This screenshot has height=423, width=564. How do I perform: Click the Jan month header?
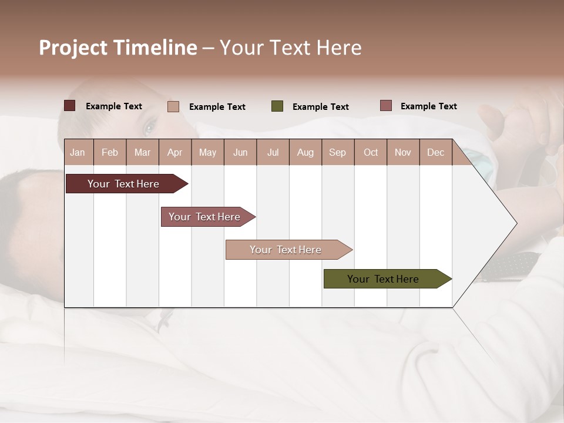(x=78, y=152)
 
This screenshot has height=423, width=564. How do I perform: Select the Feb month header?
(x=110, y=152)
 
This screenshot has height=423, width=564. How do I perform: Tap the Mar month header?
(x=142, y=152)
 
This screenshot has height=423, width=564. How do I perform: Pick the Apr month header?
(x=174, y=152)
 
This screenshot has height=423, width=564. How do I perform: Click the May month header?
(x=207, y=152)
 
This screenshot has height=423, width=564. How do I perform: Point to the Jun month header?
(x=240, y=152)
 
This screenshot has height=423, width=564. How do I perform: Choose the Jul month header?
(x=273, y=152)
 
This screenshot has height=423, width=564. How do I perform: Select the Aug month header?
(x=305, y=152)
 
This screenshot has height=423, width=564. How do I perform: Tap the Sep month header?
(x=337, y=152)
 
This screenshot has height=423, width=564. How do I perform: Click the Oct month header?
(x=371, y=152)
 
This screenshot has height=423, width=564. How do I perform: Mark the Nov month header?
(x=403, y=152)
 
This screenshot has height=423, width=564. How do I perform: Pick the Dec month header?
(x=435, y=152)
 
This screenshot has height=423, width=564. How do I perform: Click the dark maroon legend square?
(x=70, y=106)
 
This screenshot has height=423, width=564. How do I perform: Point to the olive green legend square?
(x=277, y=106)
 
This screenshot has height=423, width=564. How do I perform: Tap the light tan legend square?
(x=173, y=106)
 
